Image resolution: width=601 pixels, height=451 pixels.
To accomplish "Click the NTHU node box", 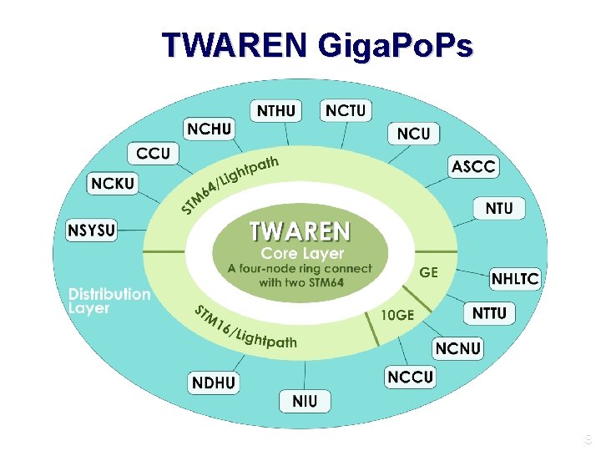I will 276,110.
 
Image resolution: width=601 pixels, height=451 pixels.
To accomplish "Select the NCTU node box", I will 346,110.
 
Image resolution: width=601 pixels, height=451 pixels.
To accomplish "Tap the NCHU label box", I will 210,129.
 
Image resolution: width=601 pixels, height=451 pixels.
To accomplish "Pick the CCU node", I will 153,154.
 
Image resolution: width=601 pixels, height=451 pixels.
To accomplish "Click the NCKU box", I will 113,184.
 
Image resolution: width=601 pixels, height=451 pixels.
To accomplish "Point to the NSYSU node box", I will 92,229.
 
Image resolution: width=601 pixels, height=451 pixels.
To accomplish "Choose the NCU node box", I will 414,133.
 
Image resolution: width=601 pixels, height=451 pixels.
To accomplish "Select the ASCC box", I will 473,167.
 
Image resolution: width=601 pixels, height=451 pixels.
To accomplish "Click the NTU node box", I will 499,208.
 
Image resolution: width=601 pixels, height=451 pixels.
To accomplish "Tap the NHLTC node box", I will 515,278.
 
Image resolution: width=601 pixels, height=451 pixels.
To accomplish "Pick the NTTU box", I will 490,313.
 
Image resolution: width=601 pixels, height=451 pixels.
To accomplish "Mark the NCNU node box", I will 458,348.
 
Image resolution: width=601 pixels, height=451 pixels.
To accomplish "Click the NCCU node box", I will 410,377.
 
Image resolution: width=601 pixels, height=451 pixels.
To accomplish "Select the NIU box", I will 305,401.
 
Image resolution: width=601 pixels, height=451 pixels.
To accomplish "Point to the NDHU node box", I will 214,383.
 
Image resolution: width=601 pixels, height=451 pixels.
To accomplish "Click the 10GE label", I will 396,315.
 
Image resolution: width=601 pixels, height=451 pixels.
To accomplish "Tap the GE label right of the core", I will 428,272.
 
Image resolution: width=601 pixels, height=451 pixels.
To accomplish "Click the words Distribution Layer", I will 109,301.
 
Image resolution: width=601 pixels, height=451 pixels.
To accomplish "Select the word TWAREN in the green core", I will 300,230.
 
